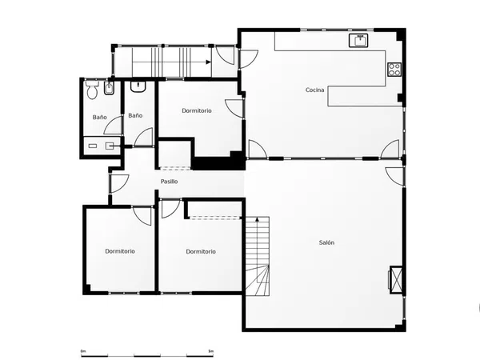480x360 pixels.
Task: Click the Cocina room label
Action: [314, 90]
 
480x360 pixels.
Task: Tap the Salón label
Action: [326, 242]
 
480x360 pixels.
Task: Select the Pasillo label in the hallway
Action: [169, 182]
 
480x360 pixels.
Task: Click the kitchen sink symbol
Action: [358, 41]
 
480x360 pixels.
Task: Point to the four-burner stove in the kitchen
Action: [394, 70]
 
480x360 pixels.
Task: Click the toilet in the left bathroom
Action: [92, 89]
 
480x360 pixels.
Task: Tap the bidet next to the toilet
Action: [110, 88]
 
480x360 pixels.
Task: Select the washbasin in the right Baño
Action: [138, 86]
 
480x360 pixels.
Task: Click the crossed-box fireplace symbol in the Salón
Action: [396, 280]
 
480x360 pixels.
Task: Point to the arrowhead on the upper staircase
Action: [209, 62]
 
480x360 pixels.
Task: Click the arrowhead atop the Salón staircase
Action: [257, 219]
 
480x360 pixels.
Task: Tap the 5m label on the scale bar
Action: [210, 351]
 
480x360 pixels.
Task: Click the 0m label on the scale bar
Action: [83, 351]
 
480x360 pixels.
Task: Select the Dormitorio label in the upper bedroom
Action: [197, 110]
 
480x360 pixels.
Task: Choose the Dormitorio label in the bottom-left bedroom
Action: [120, 251]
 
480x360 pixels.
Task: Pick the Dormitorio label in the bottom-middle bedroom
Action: [201, 251]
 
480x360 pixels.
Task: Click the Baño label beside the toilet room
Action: [100, 118]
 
